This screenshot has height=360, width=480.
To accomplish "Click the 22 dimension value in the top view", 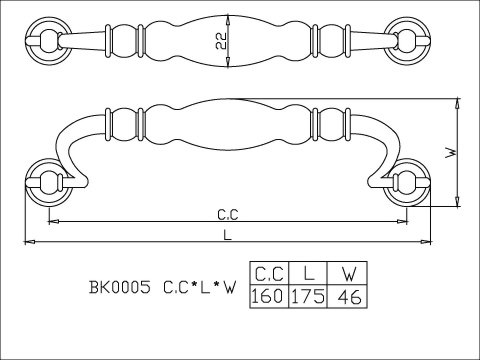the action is tap(221, 41).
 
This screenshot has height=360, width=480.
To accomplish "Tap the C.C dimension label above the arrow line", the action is tap(228, 215).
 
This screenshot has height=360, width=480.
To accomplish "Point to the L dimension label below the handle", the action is tap(227, 236).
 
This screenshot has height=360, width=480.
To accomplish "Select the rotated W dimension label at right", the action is tap(451, 153).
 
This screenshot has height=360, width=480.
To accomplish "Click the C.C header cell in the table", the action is tap(269, 273).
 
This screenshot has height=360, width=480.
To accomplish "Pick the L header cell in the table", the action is tap(308, 273).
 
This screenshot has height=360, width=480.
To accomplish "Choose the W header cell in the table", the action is tap(347, 273).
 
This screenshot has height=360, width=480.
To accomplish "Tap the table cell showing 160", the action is tap(269, 296).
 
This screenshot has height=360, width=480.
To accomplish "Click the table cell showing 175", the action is tap(308, 296).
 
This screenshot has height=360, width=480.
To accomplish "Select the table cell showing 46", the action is tap(347, 296).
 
